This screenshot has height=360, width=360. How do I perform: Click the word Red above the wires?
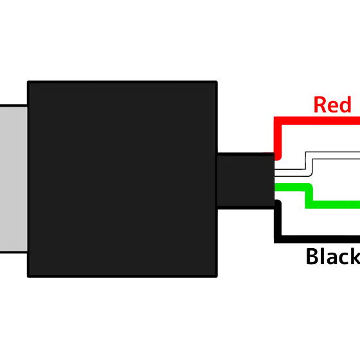332,105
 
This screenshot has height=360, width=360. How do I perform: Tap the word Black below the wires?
333,256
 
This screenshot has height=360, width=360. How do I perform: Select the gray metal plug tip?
14,179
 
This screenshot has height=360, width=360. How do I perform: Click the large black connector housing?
122,179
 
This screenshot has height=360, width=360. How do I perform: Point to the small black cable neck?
246,181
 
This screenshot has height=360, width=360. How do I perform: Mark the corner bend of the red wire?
278,121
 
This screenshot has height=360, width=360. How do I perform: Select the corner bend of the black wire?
278,239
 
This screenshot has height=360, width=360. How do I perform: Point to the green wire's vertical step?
309,195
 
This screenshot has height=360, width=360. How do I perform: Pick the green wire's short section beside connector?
290,187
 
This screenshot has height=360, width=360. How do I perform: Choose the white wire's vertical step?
309,164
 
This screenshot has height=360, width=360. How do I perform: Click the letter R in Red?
319,105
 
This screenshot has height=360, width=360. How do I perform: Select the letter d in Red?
346,105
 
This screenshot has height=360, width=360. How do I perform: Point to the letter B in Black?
312,256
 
